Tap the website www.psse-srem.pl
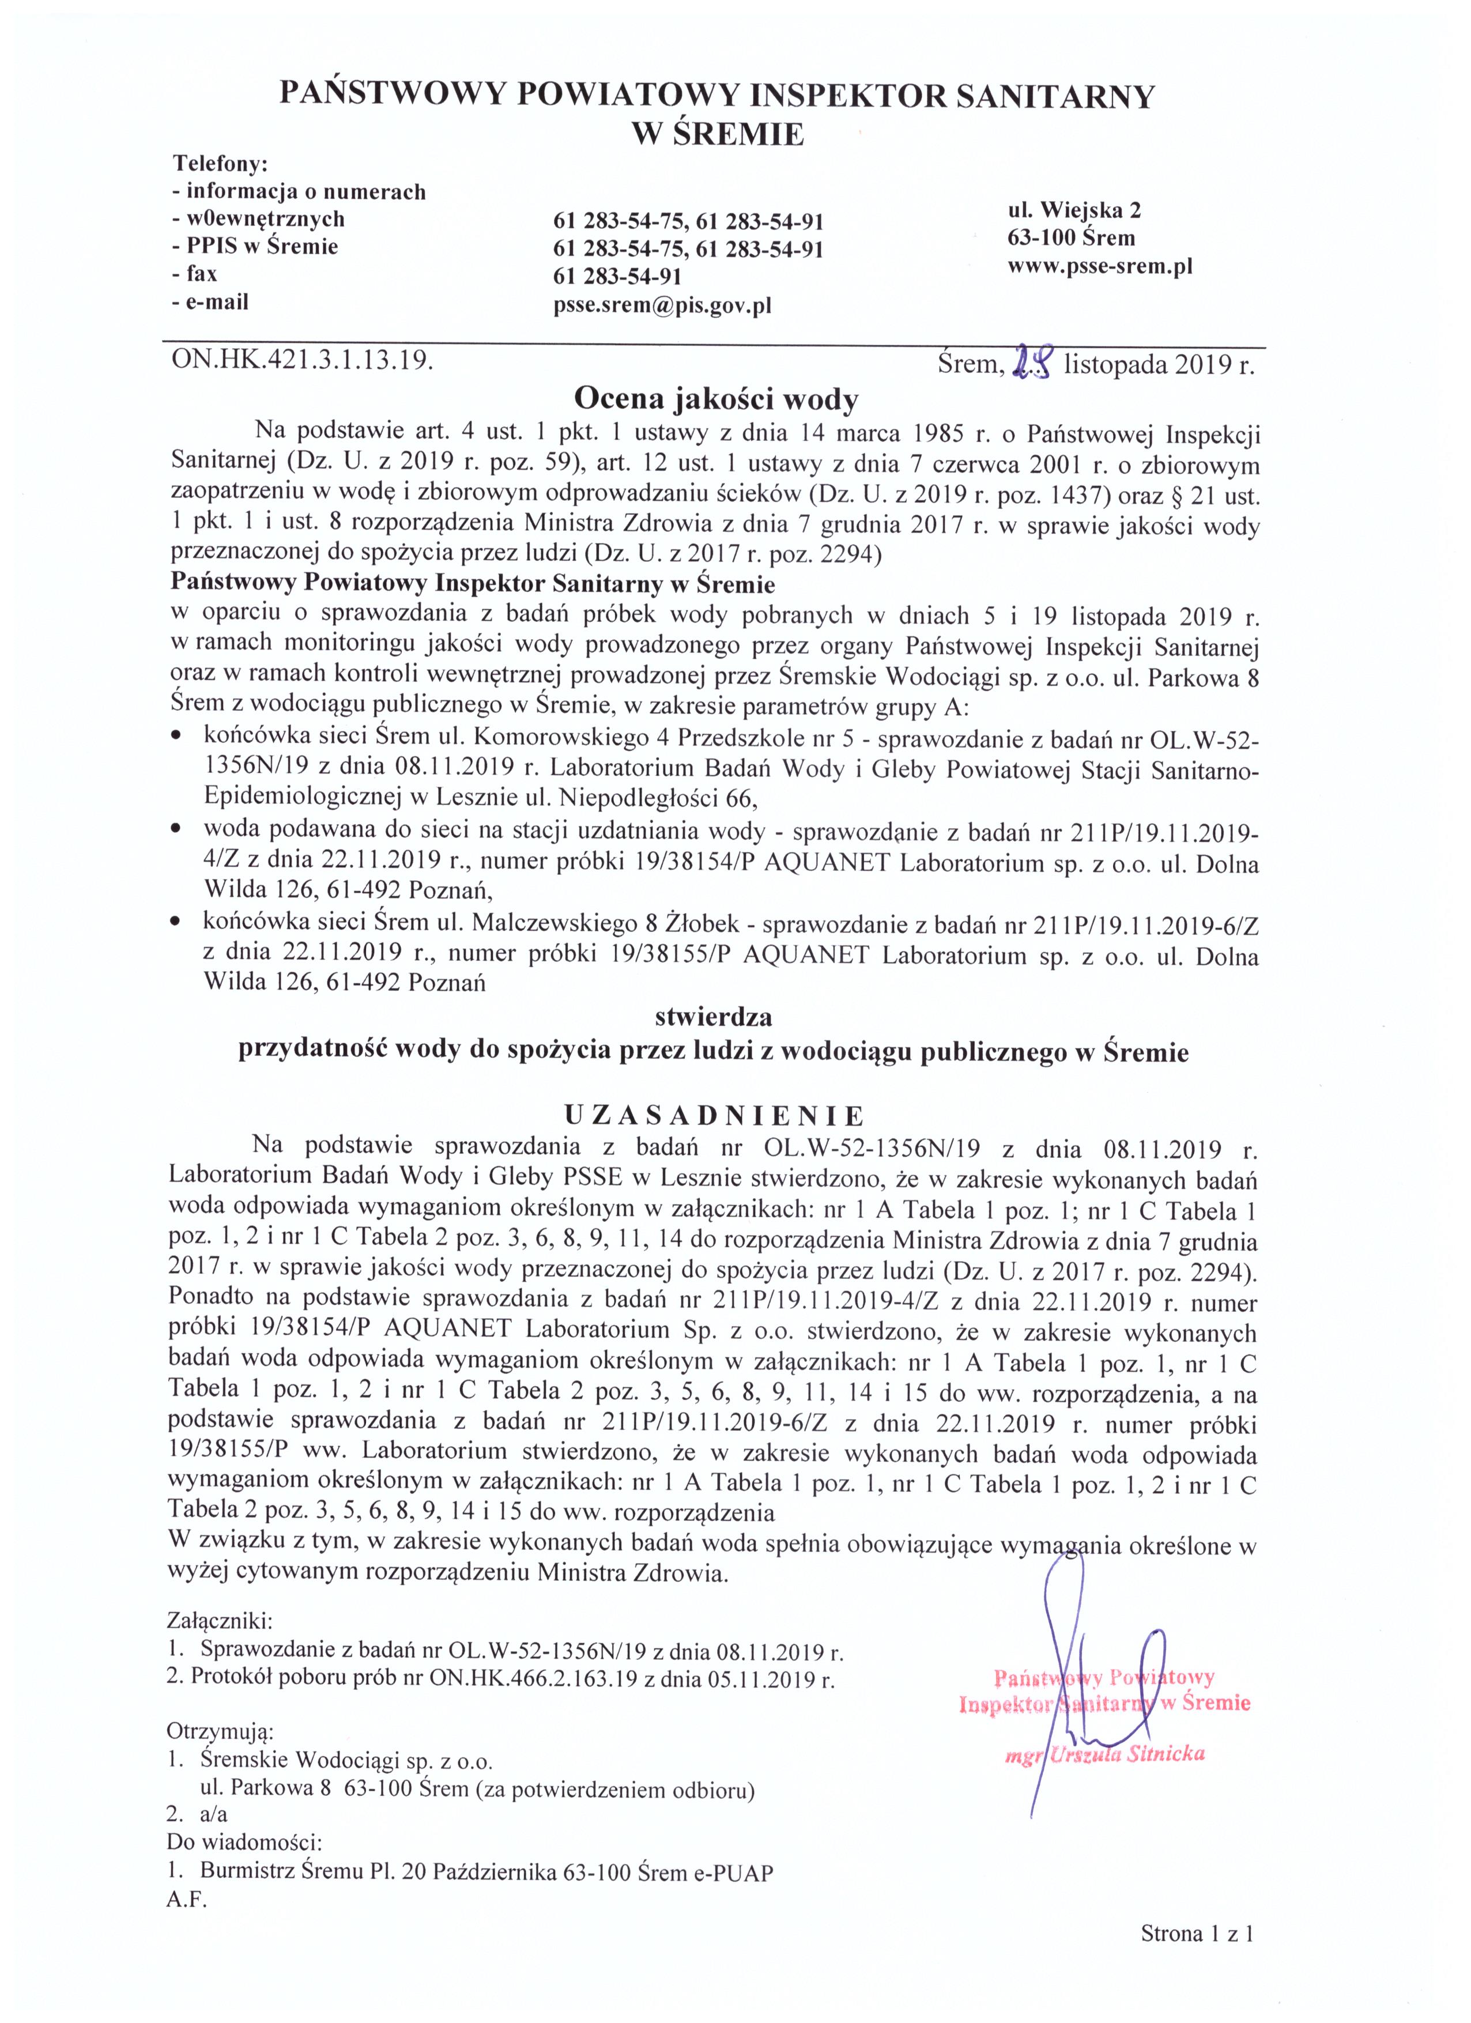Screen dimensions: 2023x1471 click(1100, 266)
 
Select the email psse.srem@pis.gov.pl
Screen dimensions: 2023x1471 click(662, 306)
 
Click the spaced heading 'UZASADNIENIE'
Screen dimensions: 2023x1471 click(714, 1115)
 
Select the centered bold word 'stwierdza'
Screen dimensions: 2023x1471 click(714, 1016)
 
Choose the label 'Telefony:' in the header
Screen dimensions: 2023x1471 click(220, 164)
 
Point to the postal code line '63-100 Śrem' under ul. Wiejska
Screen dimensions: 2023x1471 click(1072, 238)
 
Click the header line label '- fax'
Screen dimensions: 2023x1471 click(195, 273)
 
